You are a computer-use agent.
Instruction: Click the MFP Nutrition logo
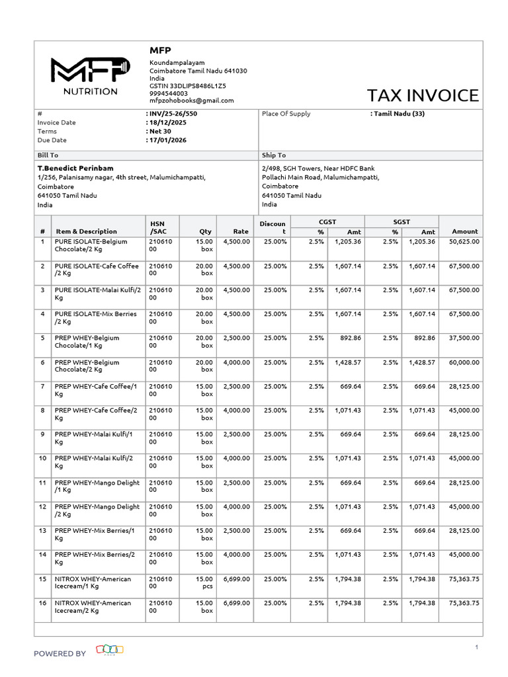(x=90, y=76)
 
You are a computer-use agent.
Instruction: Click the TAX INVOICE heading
(x=423, y=95)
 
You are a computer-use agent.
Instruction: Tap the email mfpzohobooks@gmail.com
(x=191, y=100)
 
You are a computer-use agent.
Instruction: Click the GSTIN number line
(x=187, y=86)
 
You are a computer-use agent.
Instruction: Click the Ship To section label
(x=274, y=155)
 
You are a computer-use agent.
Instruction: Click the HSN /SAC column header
(x=158, y=227)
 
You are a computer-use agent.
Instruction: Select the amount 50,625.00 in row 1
(x=464, y=242)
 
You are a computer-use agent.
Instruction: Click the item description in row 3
(x=96, y=294)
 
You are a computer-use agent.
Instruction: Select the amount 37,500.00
(x=464, y=338)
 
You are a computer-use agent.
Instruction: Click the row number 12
(x=42, y=506)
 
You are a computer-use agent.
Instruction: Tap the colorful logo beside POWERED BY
(x=110, y=649)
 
